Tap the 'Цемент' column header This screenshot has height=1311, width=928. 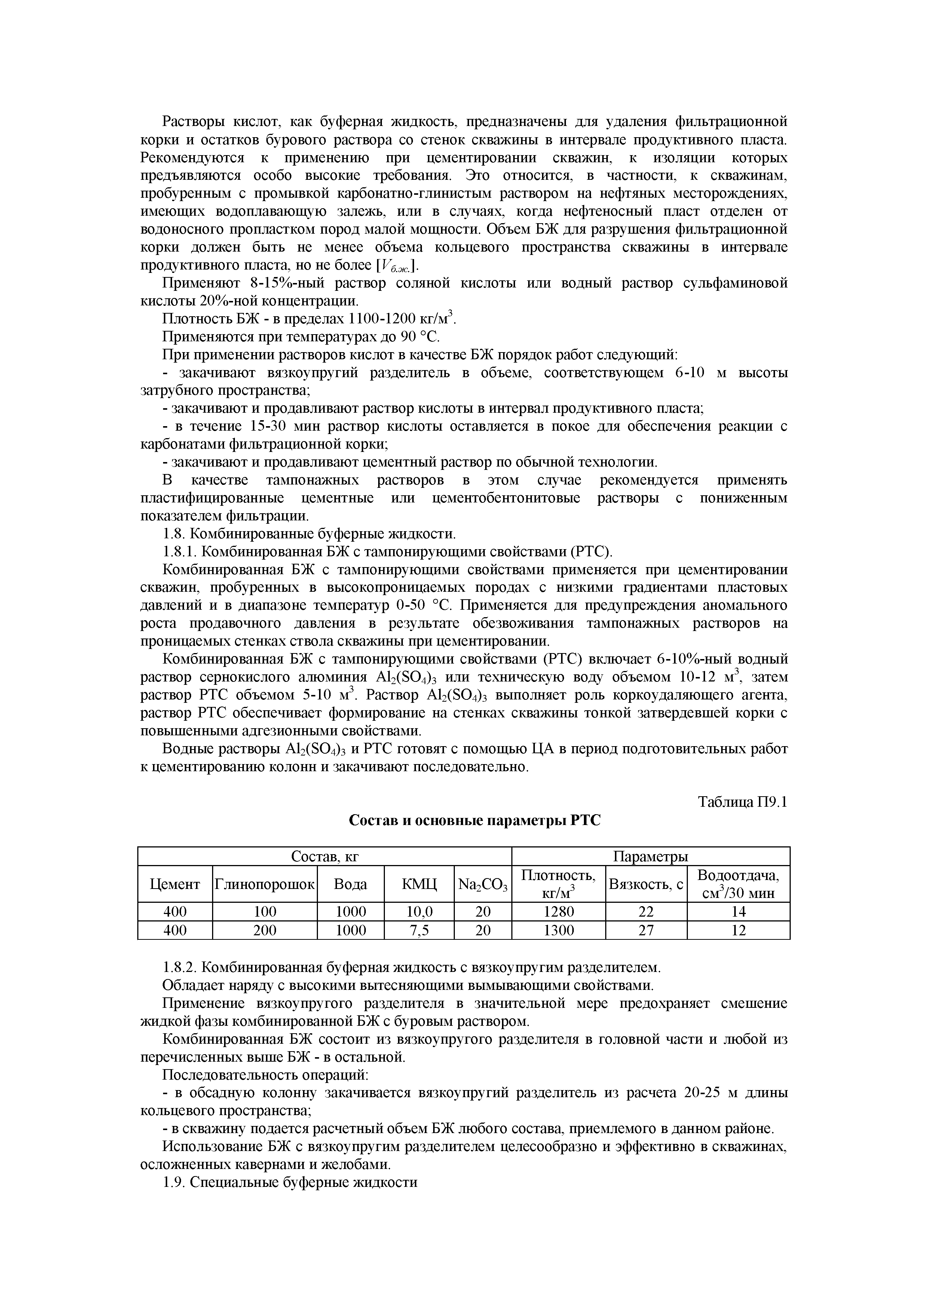pos(175,884)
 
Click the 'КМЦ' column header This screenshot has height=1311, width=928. pos(419,884)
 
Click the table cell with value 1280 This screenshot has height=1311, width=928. pos(558,912)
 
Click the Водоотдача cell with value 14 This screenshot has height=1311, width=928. pos(738,912)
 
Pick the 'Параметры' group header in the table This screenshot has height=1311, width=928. pos(650,856)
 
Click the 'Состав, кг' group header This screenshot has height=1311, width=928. pos(325,856)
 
